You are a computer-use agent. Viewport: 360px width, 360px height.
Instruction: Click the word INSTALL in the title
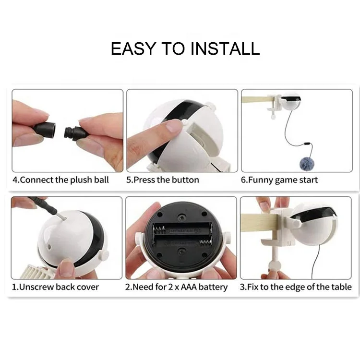point(225,48)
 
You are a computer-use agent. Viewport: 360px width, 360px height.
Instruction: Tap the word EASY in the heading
point(133,48)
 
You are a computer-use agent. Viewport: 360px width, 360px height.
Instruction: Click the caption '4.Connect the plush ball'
point(60,180)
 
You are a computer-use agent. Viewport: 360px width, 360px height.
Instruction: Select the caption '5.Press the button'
point(163,180)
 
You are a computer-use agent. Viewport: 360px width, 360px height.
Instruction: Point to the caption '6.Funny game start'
point(279,180)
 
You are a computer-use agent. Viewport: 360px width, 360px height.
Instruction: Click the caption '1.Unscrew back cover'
point(55,287)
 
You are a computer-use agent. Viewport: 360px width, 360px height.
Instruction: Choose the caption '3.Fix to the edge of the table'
point(296,287)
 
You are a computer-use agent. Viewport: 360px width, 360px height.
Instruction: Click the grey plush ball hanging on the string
point(307,164)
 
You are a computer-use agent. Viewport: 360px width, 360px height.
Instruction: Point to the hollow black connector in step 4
point(45,129)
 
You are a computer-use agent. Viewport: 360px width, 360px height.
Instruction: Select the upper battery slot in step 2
point(182,229)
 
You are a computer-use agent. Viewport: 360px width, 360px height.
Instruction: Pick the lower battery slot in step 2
point(182,241)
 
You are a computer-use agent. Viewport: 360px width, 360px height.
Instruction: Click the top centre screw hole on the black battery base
point(182,217)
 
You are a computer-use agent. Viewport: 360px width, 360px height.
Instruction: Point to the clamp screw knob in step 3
point(275,266)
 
